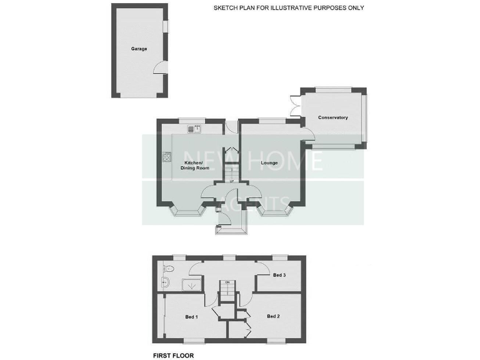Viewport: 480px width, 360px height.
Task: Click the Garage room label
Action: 139,49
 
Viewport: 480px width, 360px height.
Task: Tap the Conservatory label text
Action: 332,117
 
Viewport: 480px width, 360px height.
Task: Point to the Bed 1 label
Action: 191,317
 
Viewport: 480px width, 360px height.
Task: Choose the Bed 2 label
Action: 273,316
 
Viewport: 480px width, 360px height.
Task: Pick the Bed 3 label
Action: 279,275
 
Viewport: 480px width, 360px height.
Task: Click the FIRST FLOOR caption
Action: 174,355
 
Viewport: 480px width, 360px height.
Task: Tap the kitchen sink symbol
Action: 197,129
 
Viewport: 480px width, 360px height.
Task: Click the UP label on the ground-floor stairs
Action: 232,181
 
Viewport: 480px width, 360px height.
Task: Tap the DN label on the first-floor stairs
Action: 228,282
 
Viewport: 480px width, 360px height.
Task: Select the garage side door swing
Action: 161,68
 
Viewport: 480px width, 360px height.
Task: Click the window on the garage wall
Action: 166,27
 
